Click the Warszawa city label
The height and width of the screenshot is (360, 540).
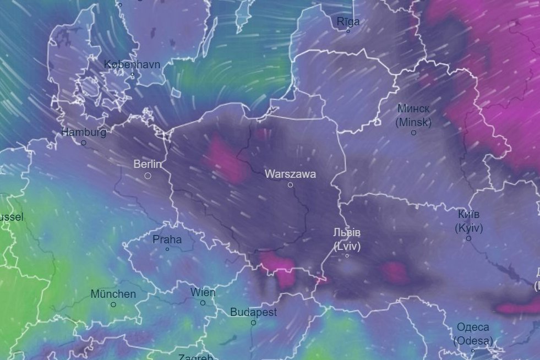pos(290,174)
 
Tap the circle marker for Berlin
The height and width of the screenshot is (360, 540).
pos(148,176)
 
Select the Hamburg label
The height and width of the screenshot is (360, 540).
pos(84,132)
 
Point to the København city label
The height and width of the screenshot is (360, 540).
pos(132,64)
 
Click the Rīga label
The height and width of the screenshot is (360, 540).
pos(348,21)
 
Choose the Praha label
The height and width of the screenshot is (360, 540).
pos(167,239)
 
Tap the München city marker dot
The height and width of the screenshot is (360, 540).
pos(113,304)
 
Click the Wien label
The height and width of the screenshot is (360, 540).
pos(203,292)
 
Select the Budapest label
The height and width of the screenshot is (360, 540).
pos(253,312)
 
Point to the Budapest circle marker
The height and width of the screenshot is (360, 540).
pos(253,323)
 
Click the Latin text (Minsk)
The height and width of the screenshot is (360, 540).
pos(413,122)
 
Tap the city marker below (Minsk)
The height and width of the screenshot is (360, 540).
pos(413,133)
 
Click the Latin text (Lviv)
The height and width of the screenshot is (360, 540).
pos(347,246)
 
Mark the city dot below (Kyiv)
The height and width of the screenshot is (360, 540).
pos(468,238)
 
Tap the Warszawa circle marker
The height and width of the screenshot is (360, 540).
pos(290,185)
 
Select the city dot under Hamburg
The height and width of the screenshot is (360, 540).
pos(84,143)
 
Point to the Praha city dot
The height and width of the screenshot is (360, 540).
pos(167,249)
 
